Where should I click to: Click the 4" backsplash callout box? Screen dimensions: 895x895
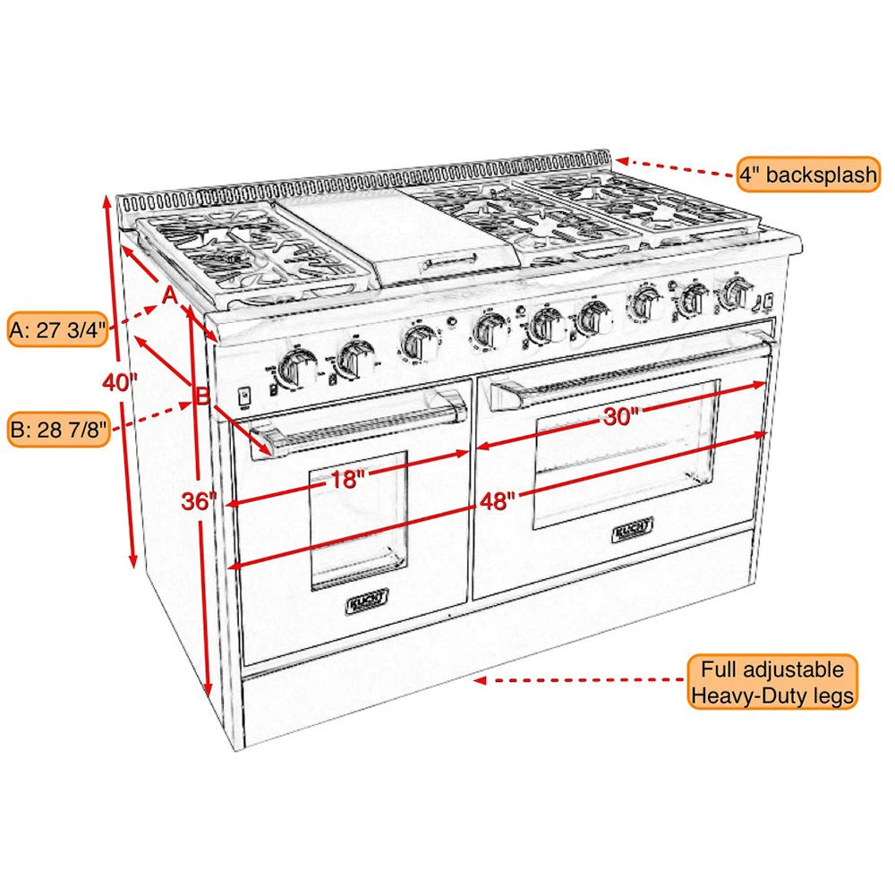click(x=808, y=174)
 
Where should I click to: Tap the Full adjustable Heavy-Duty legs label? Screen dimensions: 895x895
click(x=772, y=682)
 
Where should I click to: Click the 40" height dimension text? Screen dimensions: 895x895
click(x=119, y=382)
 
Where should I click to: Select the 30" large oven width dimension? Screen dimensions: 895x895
click(x=619, y=415)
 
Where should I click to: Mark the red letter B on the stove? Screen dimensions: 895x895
click(x=203, y=394)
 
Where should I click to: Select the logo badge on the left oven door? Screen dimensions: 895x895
click(x=365, y=605)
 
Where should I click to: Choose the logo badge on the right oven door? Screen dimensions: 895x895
click(x=633, y=531)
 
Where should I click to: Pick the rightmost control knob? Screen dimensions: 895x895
click(x=735, y=291)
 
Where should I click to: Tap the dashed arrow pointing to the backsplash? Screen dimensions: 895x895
click(x=676, y=167)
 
